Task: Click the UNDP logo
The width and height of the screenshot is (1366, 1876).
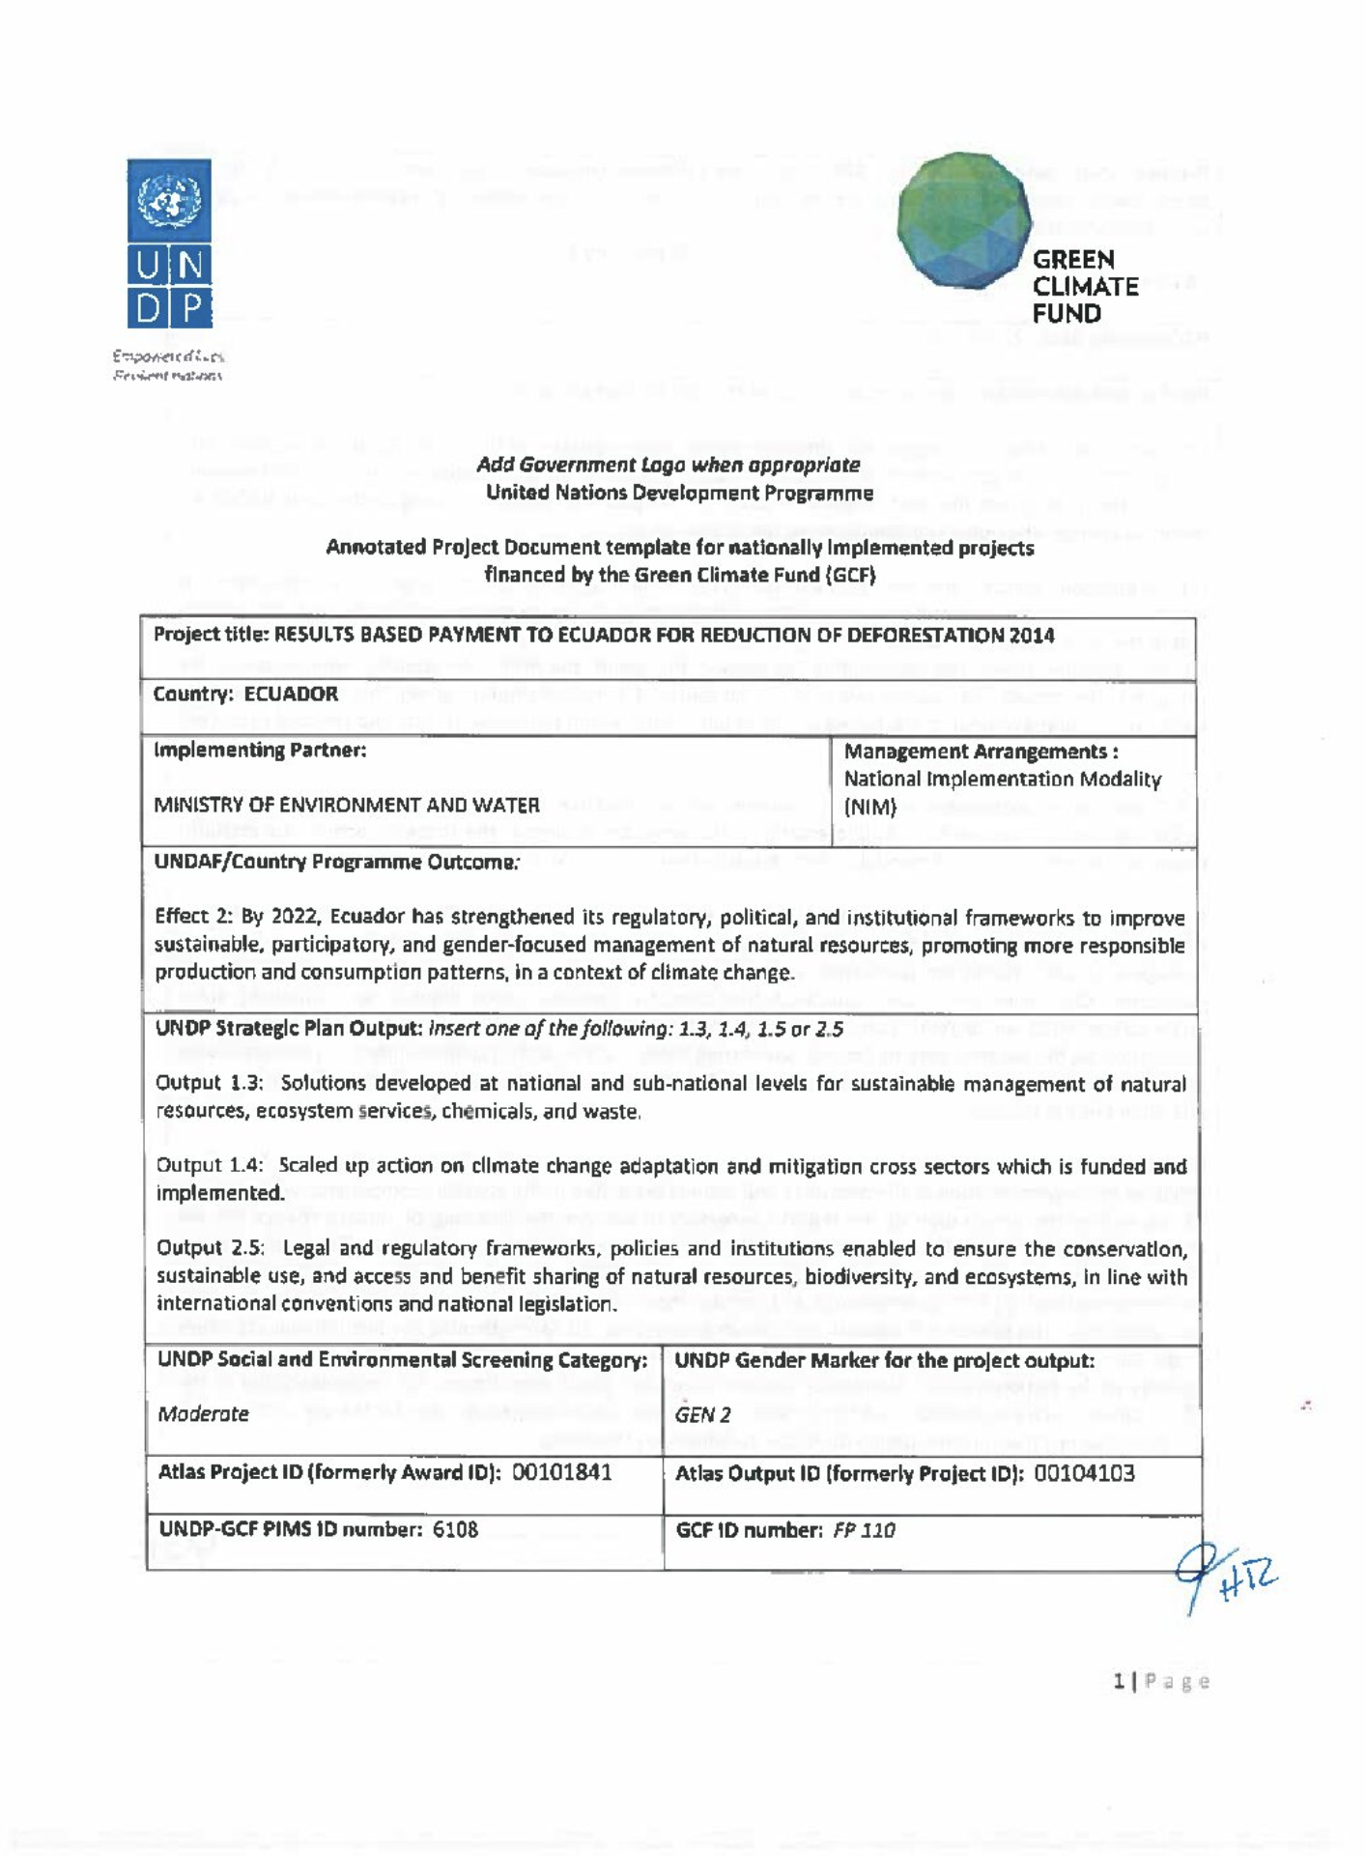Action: point(169,243)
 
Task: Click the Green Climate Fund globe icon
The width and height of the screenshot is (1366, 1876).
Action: point(963,220)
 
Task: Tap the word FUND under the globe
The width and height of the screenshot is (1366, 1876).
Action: point(1067,314)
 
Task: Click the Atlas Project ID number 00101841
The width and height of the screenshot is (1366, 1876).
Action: point(561,1472)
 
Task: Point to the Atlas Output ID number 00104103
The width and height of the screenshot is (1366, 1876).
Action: point(1084,1473)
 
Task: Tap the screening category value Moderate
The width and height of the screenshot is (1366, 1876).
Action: point(203,1414)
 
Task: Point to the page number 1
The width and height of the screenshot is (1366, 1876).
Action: point(1119,1682)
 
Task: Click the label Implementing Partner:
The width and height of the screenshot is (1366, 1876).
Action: point(260,750)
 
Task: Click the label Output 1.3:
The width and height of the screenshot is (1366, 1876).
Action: point(210,1083)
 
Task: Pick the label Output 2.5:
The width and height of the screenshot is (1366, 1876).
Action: point(211,1248)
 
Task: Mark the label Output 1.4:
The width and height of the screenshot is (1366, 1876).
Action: point(210,1165)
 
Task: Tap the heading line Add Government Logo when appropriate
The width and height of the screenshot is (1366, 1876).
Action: point(668,465)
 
